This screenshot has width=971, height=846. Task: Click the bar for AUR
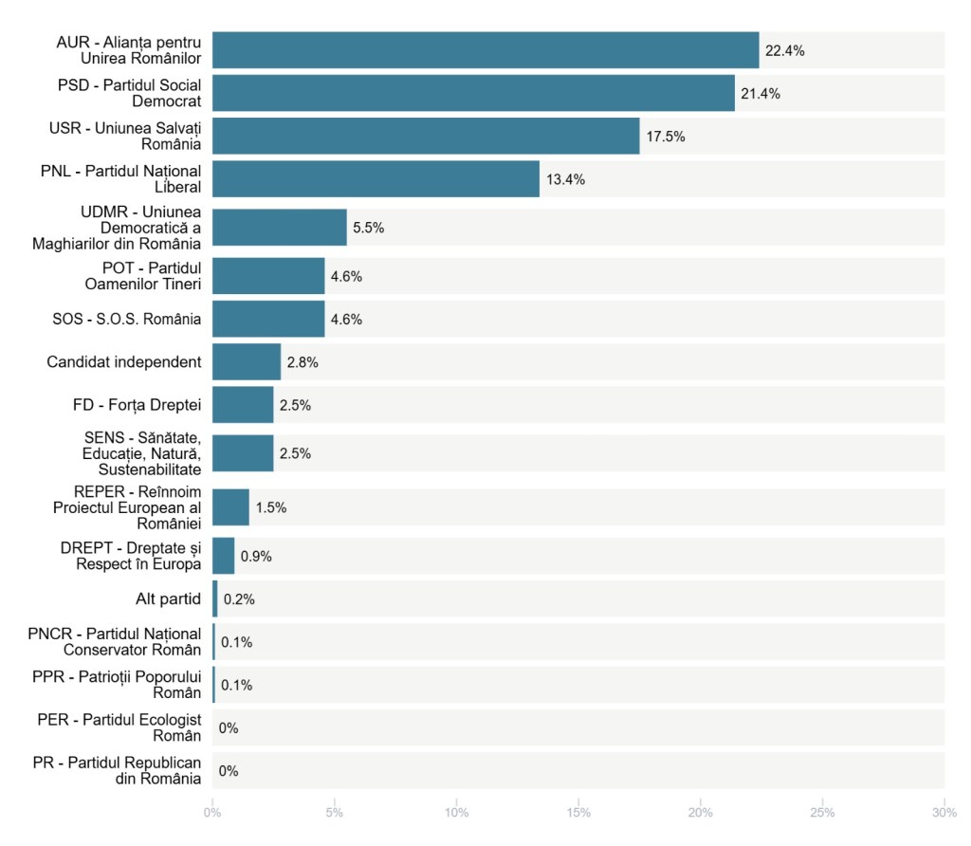(485, 50)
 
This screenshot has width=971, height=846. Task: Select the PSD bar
(473, 93)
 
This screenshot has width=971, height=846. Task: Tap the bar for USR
(426, 136)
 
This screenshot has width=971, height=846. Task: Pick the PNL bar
(376, 179)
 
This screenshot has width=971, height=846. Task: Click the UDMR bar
(280, 228)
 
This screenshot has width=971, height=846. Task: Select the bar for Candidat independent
(247, 361)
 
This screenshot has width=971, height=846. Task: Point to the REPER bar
(230, 506)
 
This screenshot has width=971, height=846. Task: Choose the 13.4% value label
(565, 180)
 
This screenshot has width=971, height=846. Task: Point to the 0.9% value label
(256, 556)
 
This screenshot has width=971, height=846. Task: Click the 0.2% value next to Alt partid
(239, 599)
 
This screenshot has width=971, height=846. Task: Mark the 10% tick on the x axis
(456, 813)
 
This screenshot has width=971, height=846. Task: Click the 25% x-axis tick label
(822, 813)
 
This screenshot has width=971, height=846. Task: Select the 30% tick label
(944, 813)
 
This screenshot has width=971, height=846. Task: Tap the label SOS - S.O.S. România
(126, 319)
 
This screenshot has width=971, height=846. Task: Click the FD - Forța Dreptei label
(137, 405)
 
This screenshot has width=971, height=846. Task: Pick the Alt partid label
(168, 599)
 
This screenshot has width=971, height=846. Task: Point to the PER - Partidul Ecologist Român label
(119, 727)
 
